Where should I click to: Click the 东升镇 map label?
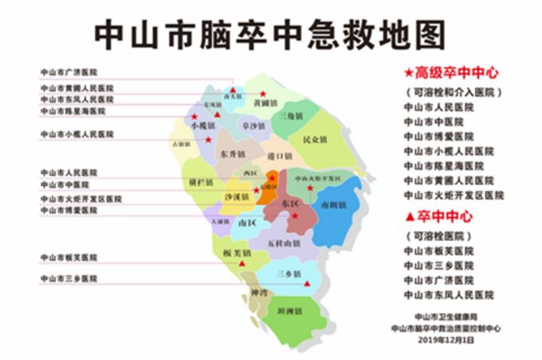tap(232, 154)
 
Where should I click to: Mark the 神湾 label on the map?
tap(258, 293)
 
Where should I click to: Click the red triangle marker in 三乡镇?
tap(306, 283)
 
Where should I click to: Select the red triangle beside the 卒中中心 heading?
tap(409, 216)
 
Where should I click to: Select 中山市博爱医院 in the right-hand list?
tap(438, 136)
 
